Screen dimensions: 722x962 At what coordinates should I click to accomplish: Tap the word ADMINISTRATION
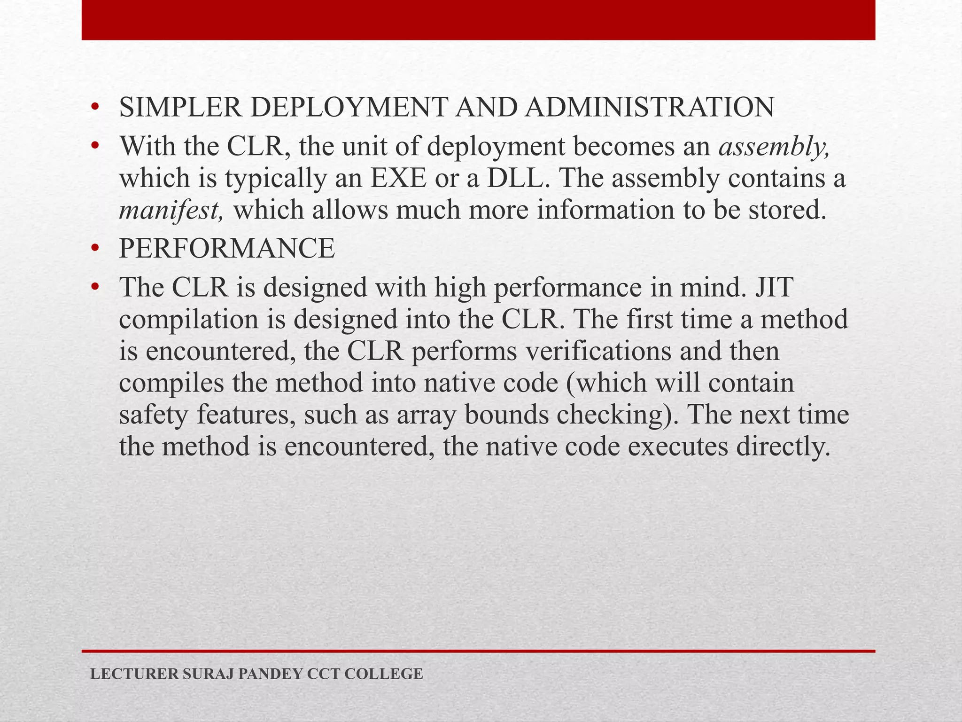click(650, 107)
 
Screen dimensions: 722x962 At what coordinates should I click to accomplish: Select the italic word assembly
click(774, 147)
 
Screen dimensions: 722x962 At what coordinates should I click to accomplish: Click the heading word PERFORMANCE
click(227, 249)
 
